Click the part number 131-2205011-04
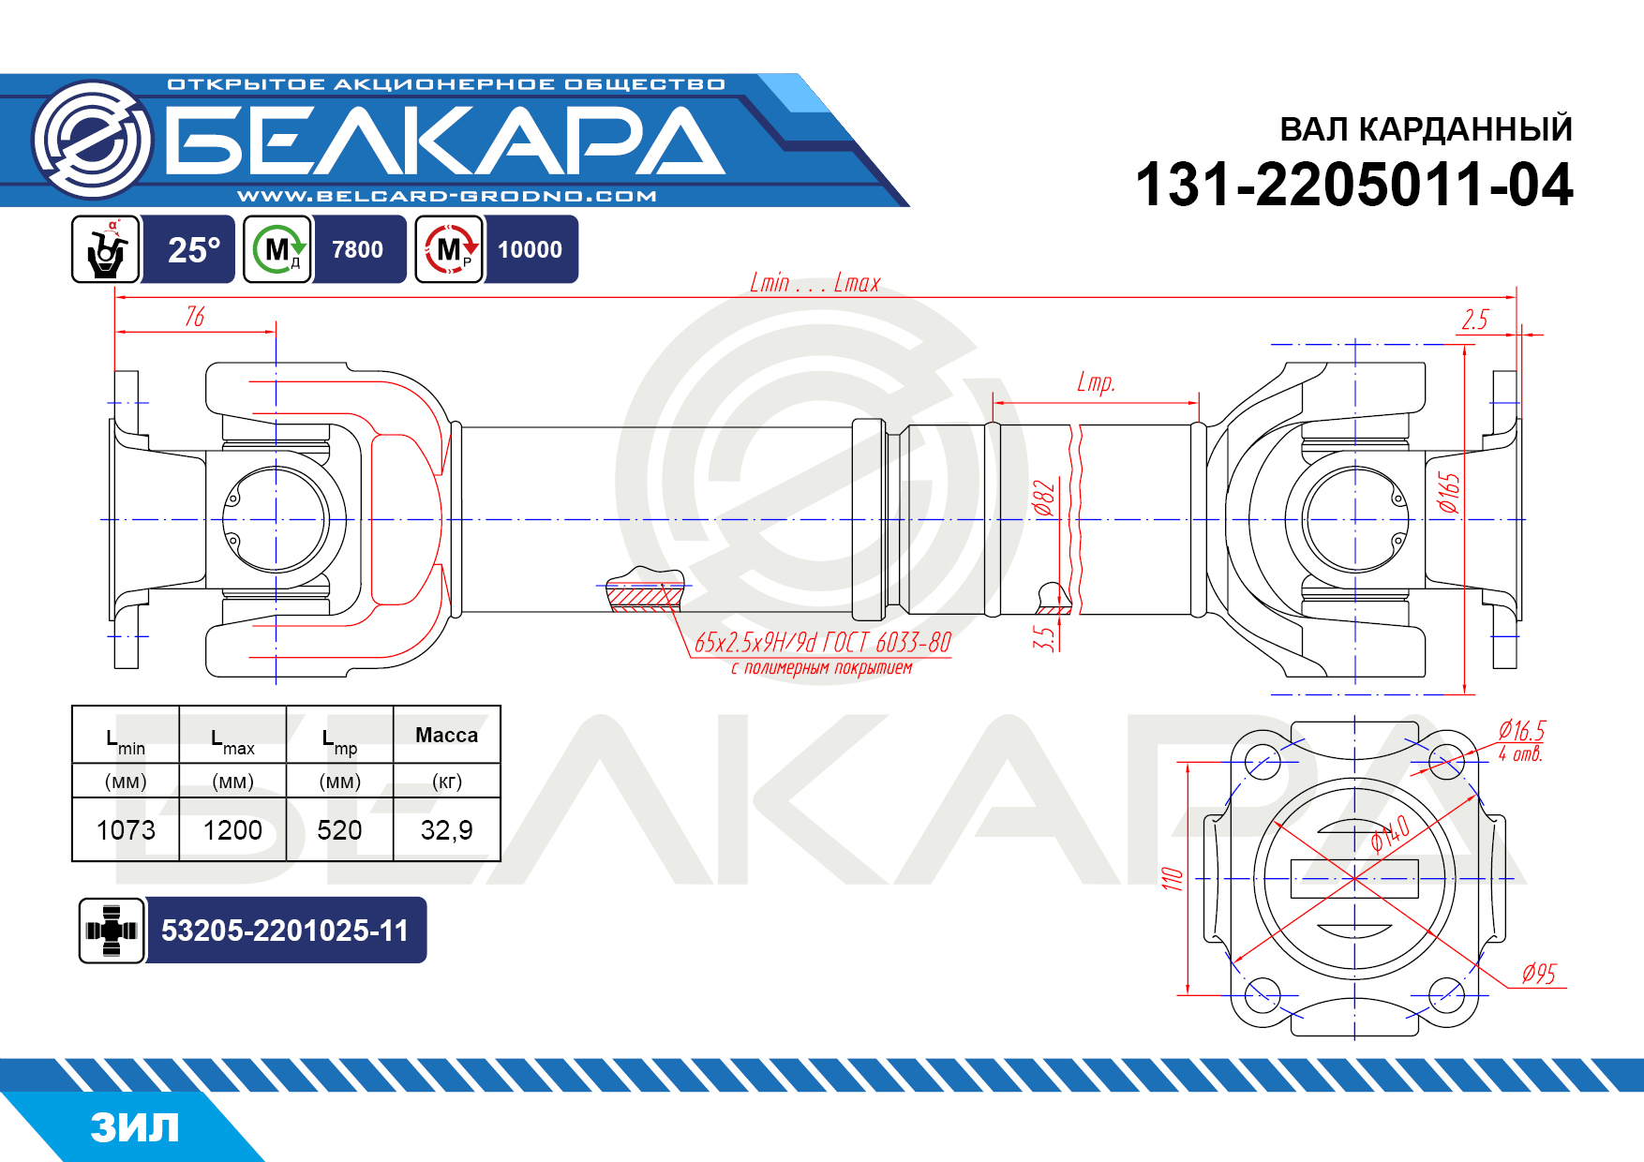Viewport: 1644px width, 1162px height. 1353,184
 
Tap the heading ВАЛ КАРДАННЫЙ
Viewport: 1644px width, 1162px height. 1426,128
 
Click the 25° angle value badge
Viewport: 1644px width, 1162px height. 193,249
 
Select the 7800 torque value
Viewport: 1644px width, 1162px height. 357,249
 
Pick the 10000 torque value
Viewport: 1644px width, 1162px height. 530,249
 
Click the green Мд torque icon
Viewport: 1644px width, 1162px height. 277,249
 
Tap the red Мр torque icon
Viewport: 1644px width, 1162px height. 449,249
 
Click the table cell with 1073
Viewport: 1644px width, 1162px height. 126,829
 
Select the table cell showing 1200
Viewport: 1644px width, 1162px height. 232,829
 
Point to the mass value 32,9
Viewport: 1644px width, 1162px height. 446,829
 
